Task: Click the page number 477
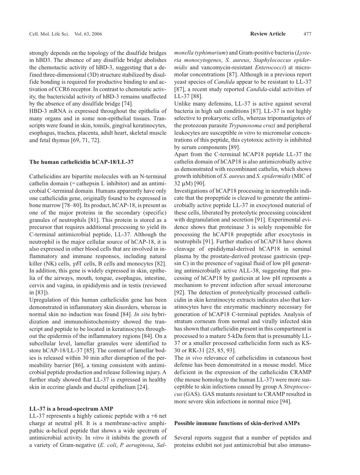click(307, 34)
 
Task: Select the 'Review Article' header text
click(268, 34)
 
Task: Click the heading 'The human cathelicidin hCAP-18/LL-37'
click(81, 162)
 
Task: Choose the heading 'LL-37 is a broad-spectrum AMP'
click(71, 409)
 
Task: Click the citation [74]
click(127, 104)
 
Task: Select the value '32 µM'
click(182, 184)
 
